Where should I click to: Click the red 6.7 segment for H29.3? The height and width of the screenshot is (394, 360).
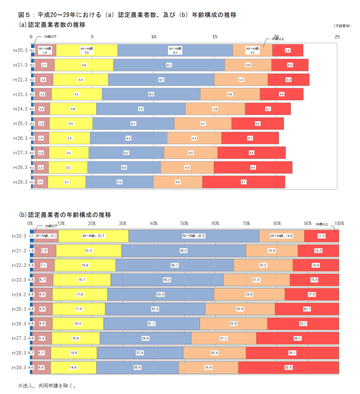243,182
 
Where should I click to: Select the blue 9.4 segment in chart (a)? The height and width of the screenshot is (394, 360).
175,50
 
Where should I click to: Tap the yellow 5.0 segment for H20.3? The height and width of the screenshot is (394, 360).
87,50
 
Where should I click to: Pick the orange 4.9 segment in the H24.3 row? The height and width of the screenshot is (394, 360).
215,109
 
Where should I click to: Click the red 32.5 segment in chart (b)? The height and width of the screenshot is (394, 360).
288,368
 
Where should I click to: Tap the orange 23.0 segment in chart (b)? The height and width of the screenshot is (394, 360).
249,295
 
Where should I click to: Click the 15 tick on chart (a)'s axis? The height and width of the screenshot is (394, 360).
215,37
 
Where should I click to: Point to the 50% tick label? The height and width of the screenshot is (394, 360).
184,224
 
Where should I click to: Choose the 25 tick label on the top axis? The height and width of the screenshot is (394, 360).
337,37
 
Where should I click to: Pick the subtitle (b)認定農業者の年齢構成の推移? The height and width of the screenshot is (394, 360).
65,215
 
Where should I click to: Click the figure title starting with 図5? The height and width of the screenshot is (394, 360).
127,15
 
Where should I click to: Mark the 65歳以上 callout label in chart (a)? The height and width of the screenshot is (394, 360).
277,39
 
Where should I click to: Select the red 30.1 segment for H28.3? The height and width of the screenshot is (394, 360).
292,353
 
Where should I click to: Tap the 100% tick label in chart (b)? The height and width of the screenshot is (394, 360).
339,224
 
